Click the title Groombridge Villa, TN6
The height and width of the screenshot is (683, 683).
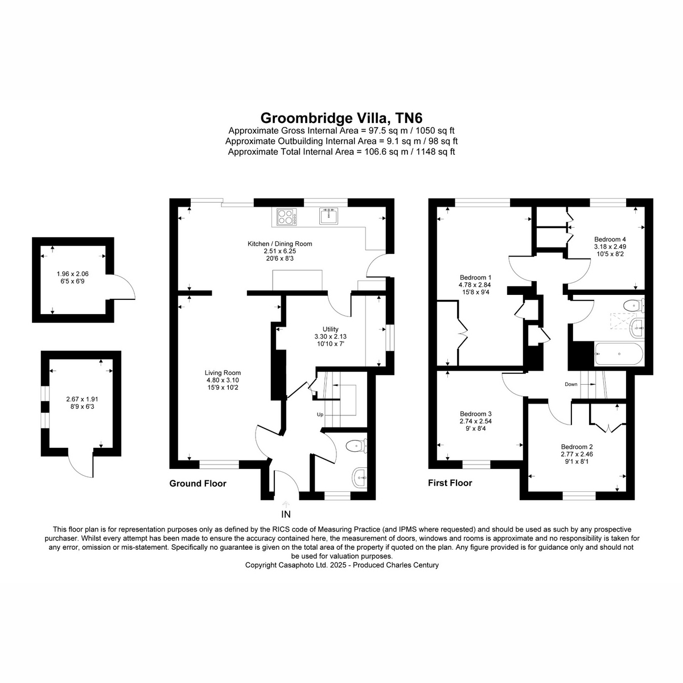pyautogui.click(x=341, y=118)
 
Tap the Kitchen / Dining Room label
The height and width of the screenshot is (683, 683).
pyautogui.click(x=279, y=244)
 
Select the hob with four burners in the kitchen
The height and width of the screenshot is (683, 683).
pyautogui.click(x=287, y=216)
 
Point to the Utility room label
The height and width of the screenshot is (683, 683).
pyautogui.click(x=330, y=329)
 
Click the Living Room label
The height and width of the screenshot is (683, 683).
pyautogui.click(x=223, y=373)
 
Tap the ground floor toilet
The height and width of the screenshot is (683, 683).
pyautogui.click(x=356, y=445)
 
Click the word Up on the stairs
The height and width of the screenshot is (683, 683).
pyautogui.click(x=320, y=414)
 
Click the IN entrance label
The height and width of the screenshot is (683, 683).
pyautogui.click(x=286, y=514)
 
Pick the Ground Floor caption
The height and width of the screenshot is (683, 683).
pyautogui.click(x=198, y=483)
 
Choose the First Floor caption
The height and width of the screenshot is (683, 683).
pyautogui.click(x=450, y=483)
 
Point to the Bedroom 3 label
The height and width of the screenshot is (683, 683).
pyautogui.click(x=475, y=414)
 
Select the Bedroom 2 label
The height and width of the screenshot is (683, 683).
pyautogui.click(x=577, y=447)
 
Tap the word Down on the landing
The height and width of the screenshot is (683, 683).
pyautogui.click(x=571, y=384)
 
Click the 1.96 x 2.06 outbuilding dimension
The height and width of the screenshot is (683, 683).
pyautogui.click(x=73, y=274)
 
